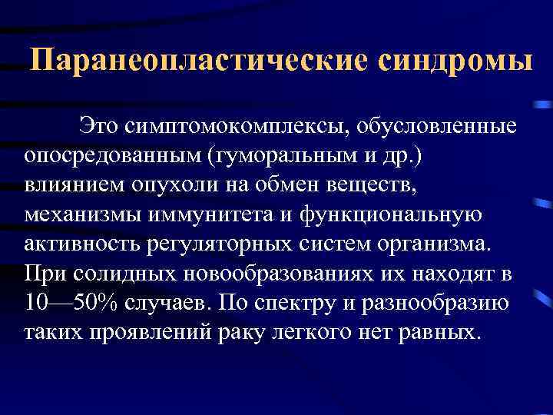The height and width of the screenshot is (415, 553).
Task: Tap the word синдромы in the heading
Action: pos(453,61)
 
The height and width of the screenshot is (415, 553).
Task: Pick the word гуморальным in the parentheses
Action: pos(257,155)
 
